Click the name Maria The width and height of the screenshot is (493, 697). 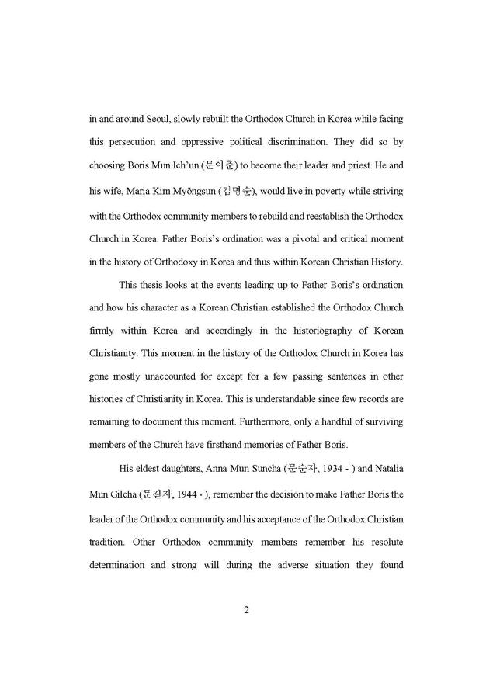(144, 190)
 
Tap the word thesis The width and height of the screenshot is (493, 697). (158, 284)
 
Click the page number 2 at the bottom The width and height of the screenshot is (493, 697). (246, 609)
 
